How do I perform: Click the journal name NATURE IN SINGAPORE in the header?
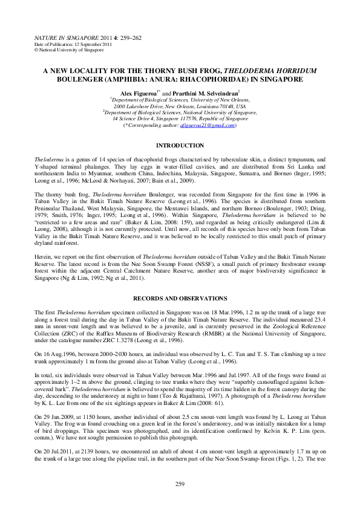[59, 37]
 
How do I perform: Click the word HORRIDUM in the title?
[286, 70]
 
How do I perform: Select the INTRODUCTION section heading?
[179, 146]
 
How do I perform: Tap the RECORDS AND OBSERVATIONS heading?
[179, 299]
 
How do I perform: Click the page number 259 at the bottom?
[179, 484]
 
